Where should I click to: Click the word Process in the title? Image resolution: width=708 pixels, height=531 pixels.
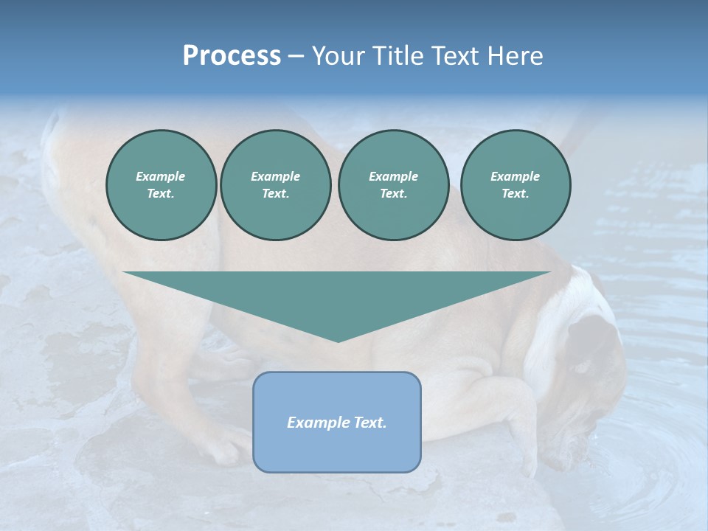pyautogui.click(x=232, y=56)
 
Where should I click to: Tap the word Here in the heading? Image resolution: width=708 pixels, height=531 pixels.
pyautogui.click(x=513, y=56)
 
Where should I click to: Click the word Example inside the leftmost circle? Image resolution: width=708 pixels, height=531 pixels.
pyautogui.click(x=161, y=176)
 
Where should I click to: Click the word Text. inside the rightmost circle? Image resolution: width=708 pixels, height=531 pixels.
pyautogui.click(x=516, y=194)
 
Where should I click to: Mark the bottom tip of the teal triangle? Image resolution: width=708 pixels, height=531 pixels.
pyautogui.click(x=338, y=341)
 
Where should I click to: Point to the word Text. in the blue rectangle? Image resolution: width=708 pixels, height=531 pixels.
pyautogui.click(x=370, y=423)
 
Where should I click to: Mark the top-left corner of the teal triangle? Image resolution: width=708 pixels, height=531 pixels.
pyautogui.click(x=124, y=272)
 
